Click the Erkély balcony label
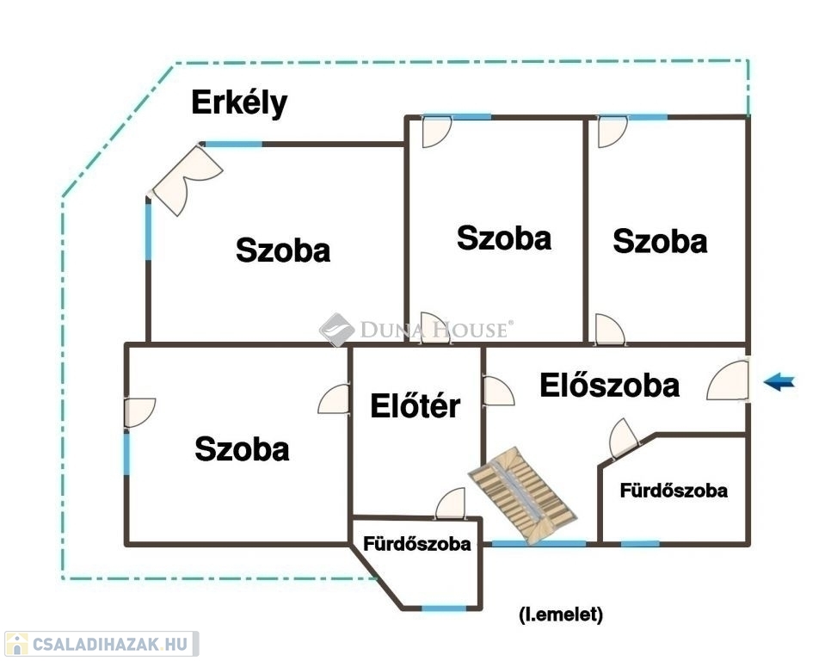239,103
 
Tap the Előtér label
415,406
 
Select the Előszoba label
609,386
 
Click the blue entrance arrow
779,381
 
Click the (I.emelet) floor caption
561,615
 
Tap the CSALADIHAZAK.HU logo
102,644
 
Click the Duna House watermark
416,329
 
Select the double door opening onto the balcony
187,180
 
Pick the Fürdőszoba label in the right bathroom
674,491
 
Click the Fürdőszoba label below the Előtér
417,543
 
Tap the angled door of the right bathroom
623,439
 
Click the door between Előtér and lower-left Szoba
334,399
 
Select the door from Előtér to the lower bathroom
451,503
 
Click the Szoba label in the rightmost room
660,241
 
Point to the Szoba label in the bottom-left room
243,449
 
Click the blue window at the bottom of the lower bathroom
444,608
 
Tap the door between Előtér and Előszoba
498,392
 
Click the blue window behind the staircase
539,543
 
